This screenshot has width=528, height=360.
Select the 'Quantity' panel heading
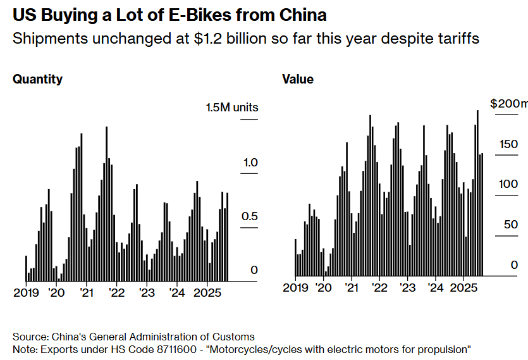point(38,79)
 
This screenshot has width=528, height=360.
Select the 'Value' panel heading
point(297,79)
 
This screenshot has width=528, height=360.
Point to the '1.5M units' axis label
point(232,108)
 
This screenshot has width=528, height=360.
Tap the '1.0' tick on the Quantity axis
point(250,162)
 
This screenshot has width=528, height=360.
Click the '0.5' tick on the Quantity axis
point(250,216)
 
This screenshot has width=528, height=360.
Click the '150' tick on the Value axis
point(508,144)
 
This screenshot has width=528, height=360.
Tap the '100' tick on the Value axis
point(508,184)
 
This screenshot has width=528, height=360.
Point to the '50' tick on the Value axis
point(511,225)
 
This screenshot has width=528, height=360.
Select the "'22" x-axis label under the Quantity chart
point(117,293)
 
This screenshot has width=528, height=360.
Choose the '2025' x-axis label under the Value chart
point(463,288)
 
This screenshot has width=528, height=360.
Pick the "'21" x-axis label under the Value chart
point(351,288)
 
